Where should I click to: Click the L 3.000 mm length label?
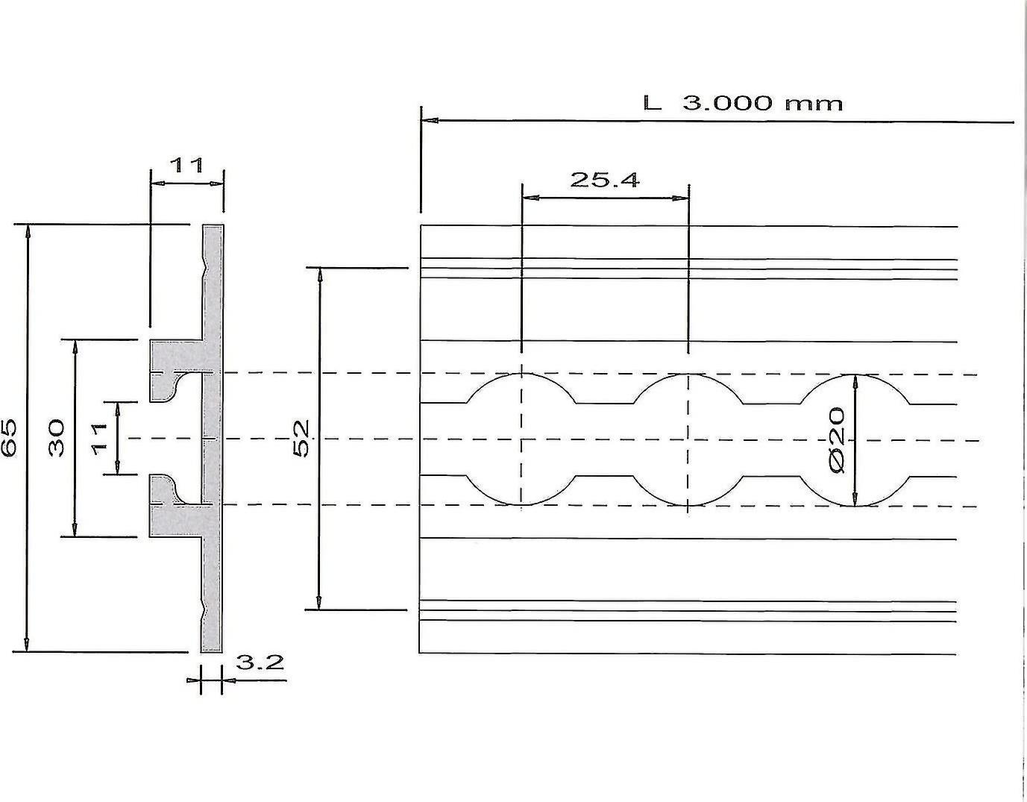click(x=743, y=103)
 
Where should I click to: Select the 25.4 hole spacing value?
click(x=604, y=180)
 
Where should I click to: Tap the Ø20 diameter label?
click(x=836, y=439)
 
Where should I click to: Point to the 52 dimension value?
click(x=301, y=439)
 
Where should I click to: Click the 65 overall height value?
click(x=9, y=438)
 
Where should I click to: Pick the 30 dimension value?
click(x=57, y=438)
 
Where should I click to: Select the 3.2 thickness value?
click(x=260, y=662)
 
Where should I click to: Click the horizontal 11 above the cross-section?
click(x=186, y=165)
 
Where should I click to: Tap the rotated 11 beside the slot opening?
click(x=100, y=438)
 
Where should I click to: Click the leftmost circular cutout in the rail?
click(x=522, y=439)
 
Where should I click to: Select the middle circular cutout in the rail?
click(x=688, y=439)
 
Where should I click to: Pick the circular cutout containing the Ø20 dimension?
click(x=855, y=439)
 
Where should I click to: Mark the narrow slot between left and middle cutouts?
click(x=605, y=439)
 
